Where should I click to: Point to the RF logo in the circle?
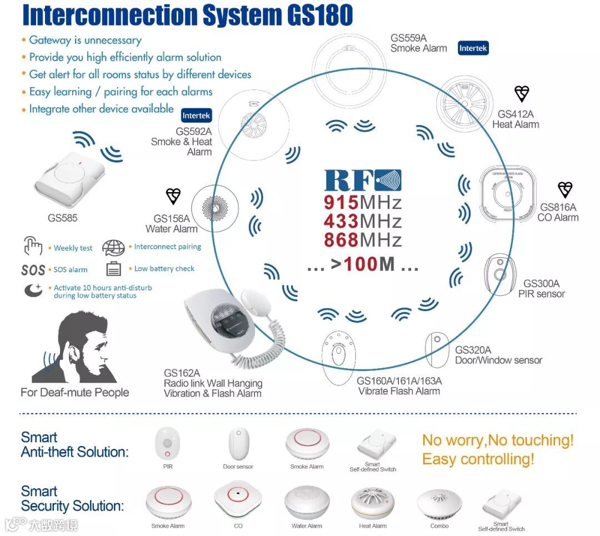(363, 180)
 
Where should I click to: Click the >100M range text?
(363, 264)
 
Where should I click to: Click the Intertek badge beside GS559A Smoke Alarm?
(473, 48)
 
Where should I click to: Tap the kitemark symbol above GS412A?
(522, 94)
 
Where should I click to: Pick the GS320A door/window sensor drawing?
(437, 349)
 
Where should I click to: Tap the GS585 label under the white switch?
(62, 218)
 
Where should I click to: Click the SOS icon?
(33, 270)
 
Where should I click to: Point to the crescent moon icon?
(33, 290)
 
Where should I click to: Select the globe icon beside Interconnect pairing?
(113, 248)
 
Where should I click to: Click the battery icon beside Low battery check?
(113, 269)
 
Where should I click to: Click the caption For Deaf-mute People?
(74, 393)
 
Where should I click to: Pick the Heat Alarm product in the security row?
(373, 503)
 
